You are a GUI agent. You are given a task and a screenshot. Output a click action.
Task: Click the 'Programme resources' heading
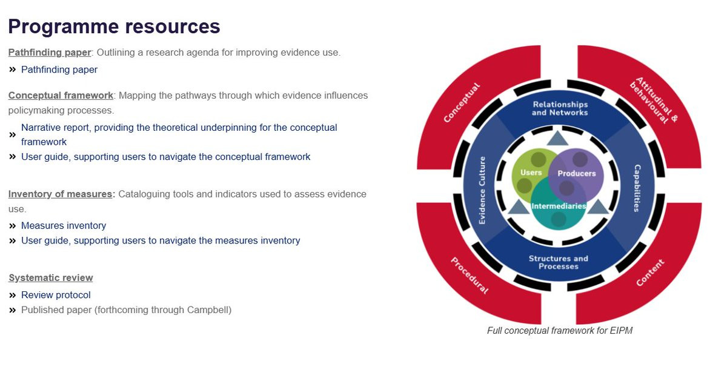point(114,27)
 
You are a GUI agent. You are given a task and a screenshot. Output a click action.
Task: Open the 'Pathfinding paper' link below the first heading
point(59,70)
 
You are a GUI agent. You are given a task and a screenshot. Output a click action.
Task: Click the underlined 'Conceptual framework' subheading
point(61,96)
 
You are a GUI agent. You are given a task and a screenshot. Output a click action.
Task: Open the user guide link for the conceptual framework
point(165,157)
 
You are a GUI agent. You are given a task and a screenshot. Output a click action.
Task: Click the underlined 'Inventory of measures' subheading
point(61,194)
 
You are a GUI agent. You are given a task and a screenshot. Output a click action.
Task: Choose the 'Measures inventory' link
point(64,226)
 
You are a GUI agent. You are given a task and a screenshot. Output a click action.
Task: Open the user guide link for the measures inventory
point(161,241)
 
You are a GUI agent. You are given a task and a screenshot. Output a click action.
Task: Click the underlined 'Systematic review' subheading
point(51,278)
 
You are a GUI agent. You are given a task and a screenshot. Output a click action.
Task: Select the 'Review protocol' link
point(56,296)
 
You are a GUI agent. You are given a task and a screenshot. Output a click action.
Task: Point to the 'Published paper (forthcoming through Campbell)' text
point(126,310)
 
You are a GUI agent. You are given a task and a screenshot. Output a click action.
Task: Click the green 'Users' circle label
point(531,173)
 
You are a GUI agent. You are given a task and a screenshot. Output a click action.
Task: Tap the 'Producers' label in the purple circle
point(577,173)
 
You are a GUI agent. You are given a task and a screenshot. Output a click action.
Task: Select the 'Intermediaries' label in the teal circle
point(559,207)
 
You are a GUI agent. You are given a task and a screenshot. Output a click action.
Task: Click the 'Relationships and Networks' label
point(560,108)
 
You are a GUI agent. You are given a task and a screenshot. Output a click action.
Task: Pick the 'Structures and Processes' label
point(558,262)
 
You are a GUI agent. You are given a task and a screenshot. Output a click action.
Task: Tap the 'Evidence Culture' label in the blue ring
point(482,191)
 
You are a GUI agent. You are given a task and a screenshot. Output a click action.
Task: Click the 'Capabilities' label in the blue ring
point(637,188)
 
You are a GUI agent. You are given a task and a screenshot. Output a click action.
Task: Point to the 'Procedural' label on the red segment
point(469,276)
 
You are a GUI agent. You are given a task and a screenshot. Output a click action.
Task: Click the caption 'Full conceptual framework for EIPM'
point(559,331)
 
